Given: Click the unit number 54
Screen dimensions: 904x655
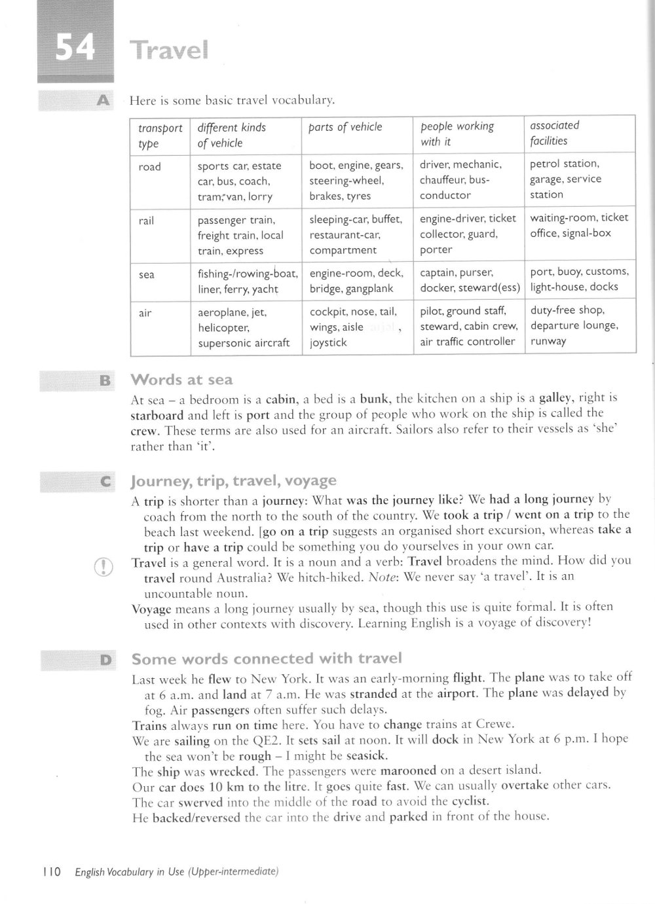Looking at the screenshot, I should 74,48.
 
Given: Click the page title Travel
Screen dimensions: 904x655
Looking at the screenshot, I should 169,50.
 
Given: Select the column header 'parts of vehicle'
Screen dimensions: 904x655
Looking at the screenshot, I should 345,127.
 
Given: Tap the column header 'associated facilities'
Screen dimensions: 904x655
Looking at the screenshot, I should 554,133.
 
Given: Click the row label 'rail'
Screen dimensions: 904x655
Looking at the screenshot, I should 147,221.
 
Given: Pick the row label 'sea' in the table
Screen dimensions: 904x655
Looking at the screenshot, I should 147,274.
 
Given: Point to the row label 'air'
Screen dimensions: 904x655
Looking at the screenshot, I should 145,313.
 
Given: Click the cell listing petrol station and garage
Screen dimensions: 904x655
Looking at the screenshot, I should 565,179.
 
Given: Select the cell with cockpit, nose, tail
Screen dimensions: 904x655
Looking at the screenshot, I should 354,326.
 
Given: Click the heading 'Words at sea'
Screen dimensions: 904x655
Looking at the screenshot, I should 181,380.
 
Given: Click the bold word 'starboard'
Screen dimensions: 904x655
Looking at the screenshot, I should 157,414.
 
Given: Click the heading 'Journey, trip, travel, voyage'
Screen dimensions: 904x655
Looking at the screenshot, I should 234,481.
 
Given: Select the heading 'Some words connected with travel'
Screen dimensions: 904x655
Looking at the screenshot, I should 267,659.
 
